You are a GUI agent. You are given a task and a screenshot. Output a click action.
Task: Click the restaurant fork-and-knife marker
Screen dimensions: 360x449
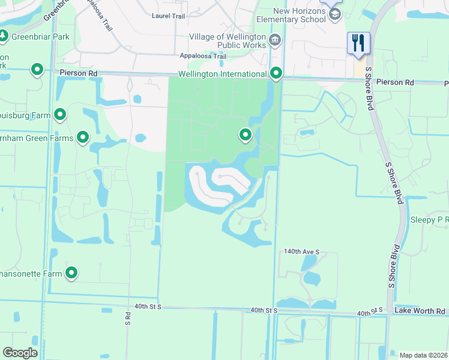pos(358,43)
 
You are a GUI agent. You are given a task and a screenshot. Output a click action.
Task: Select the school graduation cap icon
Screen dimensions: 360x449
pos(335,14)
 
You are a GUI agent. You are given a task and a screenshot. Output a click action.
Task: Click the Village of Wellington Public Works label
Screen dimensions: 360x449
pos(228,41)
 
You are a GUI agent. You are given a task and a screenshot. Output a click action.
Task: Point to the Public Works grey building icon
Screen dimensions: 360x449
pos(275,41)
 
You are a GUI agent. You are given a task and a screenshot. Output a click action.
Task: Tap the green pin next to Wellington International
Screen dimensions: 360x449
pos(276,73)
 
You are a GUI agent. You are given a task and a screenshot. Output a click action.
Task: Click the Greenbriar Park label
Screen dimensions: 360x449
pos(40,37)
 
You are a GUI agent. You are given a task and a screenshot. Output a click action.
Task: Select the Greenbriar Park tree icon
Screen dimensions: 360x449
pos(4,37)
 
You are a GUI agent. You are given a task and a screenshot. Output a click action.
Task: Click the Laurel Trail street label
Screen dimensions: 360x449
pos(169,16)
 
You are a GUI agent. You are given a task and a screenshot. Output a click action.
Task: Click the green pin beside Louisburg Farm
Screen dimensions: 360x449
pos(60,114)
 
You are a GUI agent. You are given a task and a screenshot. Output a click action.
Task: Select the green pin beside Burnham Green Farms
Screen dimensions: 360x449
pos(82,138)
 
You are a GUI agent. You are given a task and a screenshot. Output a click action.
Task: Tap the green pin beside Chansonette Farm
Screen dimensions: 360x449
pos(71,273)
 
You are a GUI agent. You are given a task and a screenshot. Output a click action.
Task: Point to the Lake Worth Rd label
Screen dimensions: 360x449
pos(420,311)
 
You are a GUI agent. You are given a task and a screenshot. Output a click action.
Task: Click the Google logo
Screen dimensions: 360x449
pos(20,353)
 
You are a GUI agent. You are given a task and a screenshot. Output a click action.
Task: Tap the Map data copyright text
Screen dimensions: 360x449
pos(423,355)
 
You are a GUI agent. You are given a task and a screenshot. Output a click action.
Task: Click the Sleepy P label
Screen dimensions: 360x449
pos(429,220)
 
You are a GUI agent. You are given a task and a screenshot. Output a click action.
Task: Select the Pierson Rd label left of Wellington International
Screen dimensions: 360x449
pos(79,73)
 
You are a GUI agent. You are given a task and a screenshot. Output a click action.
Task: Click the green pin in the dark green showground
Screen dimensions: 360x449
pos(245,136)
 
